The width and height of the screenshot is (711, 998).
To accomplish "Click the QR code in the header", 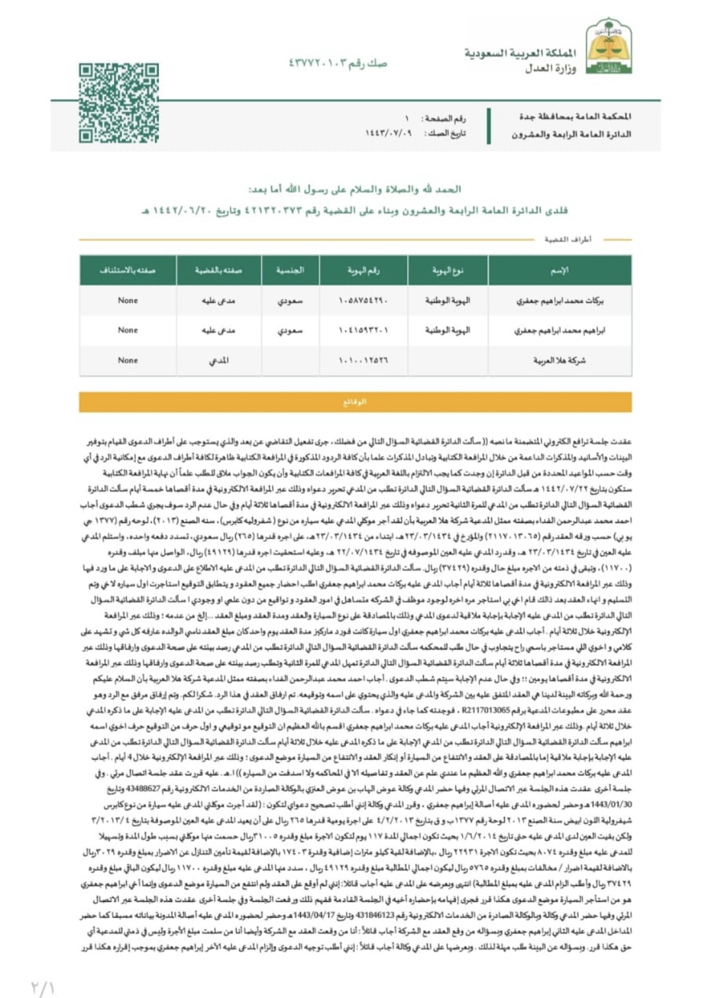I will [118, 103].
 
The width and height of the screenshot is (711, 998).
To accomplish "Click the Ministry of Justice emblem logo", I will [609, 46].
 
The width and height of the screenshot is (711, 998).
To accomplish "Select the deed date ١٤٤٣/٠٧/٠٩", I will [388, 133].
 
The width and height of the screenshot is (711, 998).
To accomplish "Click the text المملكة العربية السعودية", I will [520, 53].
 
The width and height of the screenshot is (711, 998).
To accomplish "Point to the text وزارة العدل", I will [550, 68].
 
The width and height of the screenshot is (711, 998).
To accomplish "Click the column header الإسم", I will [559, 271].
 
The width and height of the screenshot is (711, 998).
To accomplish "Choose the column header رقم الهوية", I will [364, 271].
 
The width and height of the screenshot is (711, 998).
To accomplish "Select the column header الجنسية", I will [290, 271].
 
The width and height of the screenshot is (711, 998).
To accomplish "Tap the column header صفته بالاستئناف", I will [128, 271].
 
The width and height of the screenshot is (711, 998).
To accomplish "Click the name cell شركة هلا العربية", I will [559, 360].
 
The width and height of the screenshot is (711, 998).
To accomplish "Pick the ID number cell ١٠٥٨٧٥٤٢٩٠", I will [363, 301].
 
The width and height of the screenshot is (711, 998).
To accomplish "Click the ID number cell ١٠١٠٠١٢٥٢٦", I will [363, 360].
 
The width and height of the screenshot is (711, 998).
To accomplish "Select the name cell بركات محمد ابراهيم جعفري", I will [559, 301].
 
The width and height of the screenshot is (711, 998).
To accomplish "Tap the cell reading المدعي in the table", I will [218, 360].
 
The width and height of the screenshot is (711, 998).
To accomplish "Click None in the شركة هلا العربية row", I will [128, 360].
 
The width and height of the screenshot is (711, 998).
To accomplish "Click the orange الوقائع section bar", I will [355, 402].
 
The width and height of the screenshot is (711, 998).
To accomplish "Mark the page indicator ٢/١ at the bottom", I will [43, 987].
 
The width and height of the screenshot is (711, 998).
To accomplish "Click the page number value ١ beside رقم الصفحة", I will [407, 118].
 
